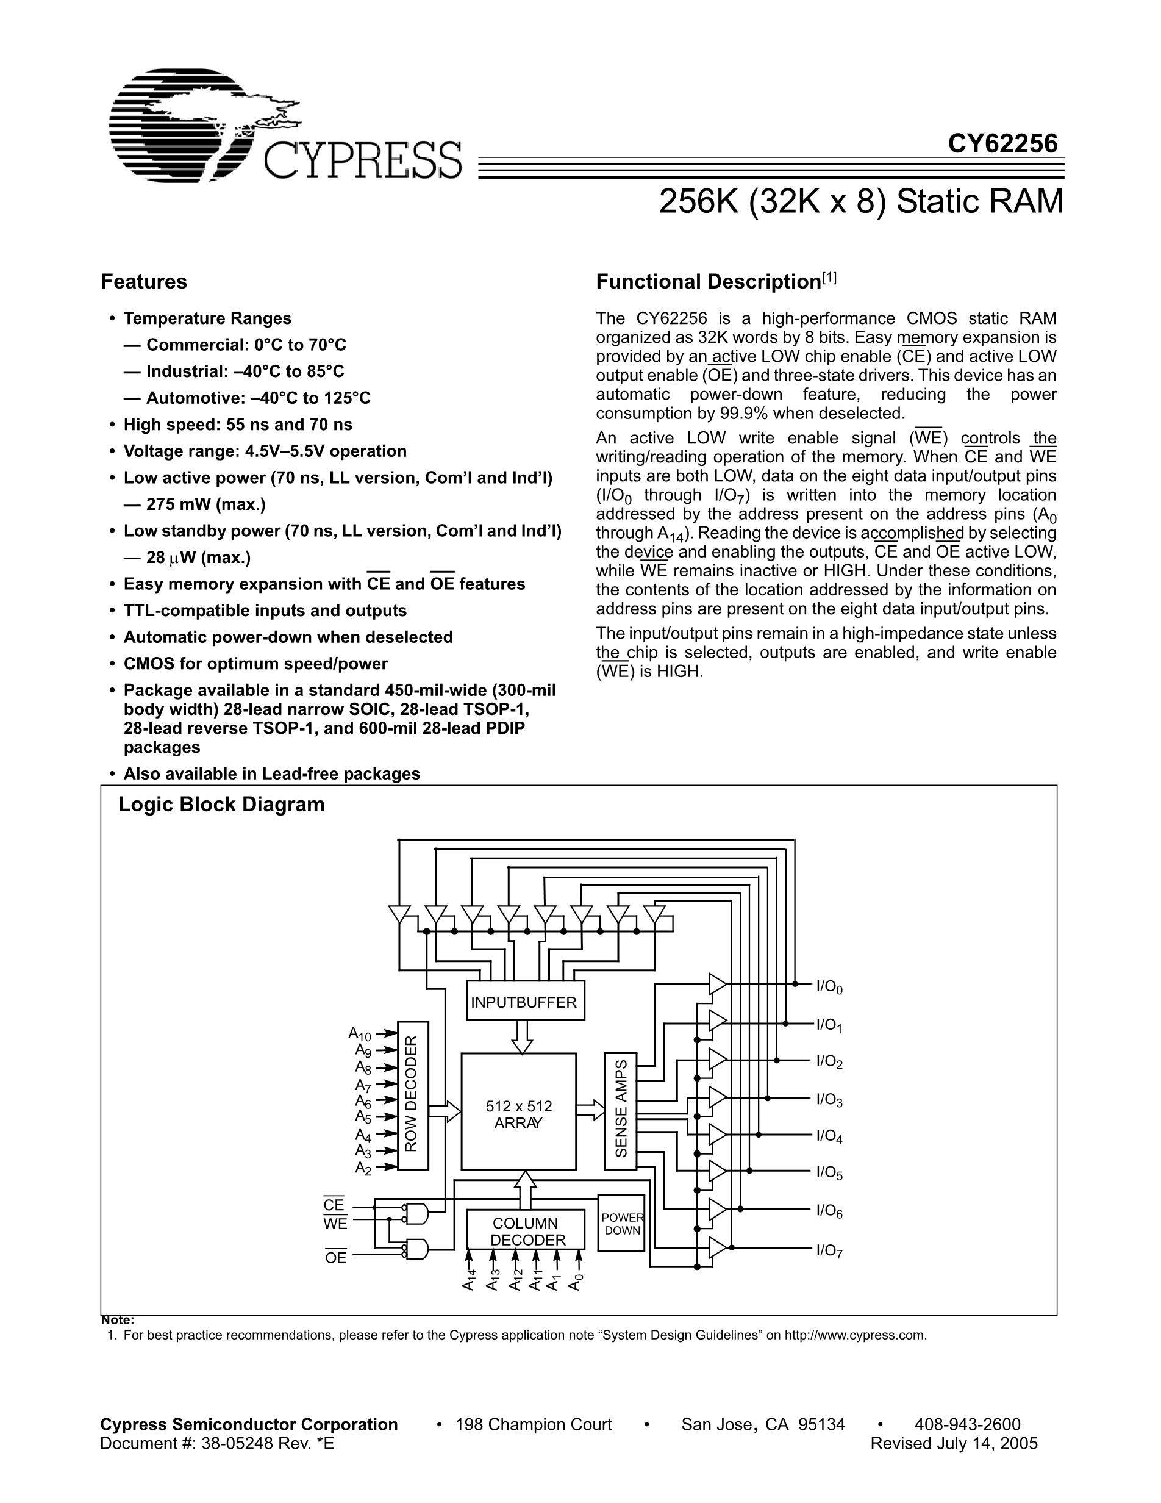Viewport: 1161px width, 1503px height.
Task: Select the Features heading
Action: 144,281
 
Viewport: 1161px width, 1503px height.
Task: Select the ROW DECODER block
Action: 413,1096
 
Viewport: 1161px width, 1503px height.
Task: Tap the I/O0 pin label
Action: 829,987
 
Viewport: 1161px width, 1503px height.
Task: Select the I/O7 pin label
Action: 829,1250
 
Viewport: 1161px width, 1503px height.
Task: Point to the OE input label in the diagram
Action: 335,1258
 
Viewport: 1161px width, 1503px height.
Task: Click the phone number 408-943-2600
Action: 967,1424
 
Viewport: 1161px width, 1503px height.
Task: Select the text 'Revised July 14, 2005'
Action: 953,1443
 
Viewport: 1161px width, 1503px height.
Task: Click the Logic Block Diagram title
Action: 221,805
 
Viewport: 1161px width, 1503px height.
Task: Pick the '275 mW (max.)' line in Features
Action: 205,504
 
